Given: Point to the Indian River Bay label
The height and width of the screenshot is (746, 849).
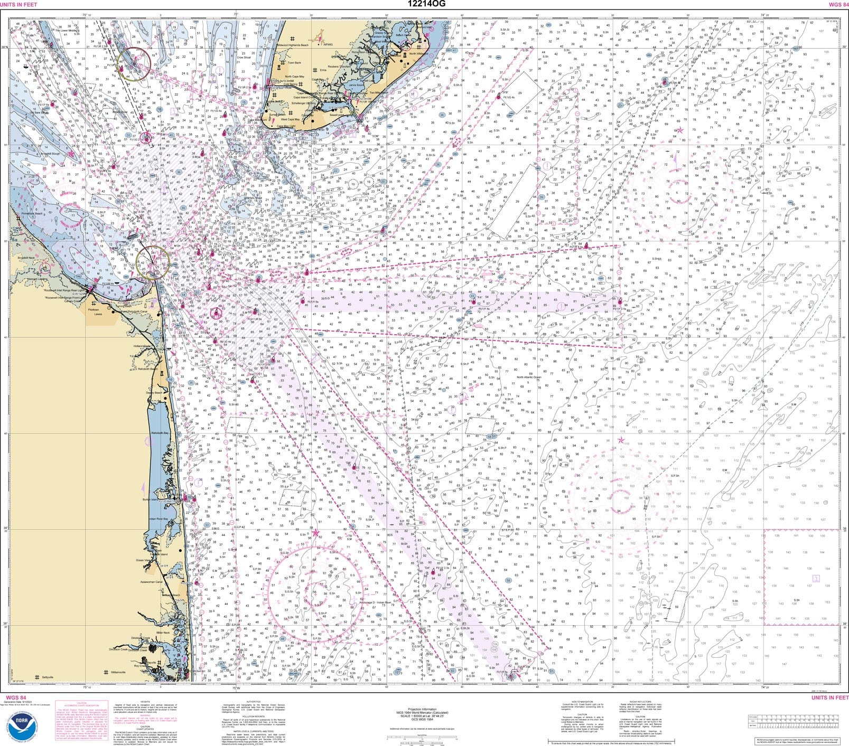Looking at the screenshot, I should coord(158,520).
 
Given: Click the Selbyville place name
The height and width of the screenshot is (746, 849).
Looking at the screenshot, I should coord(48,677).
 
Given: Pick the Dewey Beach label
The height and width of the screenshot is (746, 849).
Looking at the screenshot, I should coord(154,393).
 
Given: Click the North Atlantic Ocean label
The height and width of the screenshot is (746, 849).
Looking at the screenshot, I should coord(529,377).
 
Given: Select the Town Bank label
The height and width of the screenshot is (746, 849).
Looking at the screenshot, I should coord(294,63).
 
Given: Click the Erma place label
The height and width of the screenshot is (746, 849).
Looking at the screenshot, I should coord(323,70).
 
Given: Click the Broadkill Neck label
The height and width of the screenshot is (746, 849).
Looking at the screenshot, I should coord(25,258).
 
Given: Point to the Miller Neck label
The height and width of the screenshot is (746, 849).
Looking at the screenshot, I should coord(163,632).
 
